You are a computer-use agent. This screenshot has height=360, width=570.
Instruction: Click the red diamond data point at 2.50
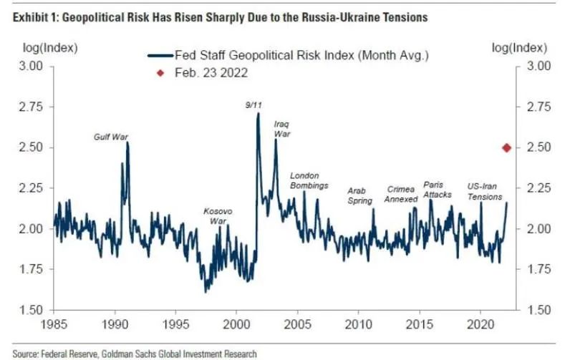coord(506,147)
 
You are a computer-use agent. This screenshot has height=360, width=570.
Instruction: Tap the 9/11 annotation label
coord(253,104)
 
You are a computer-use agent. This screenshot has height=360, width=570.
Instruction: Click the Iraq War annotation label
coord(282,129)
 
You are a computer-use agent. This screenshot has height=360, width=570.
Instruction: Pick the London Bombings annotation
coord(309,181)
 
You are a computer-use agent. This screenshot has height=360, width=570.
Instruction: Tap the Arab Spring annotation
coord(359,196)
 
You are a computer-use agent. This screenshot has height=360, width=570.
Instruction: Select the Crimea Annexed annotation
coord(400,194)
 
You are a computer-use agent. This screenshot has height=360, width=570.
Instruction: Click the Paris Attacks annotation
coord(438,190)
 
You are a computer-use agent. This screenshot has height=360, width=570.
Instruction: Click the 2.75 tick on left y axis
coord(29,107)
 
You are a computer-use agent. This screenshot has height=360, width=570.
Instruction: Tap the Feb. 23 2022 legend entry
coord(211,72)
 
